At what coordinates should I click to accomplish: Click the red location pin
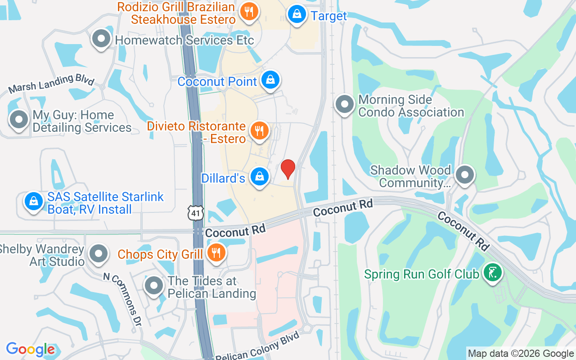pyautogui.click(x=288, y=169)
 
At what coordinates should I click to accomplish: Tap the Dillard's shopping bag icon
pyautogui.click(x=260, y=176)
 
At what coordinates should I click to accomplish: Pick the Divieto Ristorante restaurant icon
pyautogui.click(x=259, y=130)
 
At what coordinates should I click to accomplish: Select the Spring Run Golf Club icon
pyautogui.click(x=492, y=272)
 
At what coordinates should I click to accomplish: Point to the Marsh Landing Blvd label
pyautogui.click(x=51, y=84)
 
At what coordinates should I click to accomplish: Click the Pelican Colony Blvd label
pyautogui.click(x=257, y=346)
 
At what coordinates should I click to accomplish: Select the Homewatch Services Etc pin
pyautogui.click(x=101, y=39)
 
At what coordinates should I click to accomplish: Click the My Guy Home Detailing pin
pyautogui.click(x=19, y=120)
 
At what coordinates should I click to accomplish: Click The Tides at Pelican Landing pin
pyautogui.click(x=154, y=285)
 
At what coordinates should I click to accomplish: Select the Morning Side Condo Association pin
pyautogui.click(x=345, y=103)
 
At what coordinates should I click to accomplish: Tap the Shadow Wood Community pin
pyautogui.click(x=465, y=174)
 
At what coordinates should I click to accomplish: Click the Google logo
pyautogui.click(x=31, y=349)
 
